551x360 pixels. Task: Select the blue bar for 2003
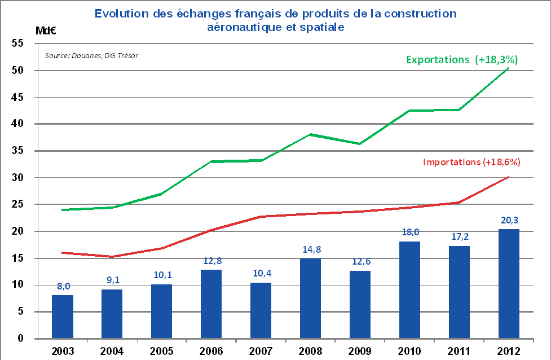point(63,317)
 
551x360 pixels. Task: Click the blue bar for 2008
point(310,298)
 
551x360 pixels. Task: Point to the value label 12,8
point(211,262)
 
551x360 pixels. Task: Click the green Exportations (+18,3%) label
point(462,59)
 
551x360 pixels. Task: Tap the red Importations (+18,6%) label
point(471,162)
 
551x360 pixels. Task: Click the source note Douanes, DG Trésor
point(91,55)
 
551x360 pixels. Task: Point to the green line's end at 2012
point(509,68)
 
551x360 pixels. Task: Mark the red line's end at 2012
point(509,177)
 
